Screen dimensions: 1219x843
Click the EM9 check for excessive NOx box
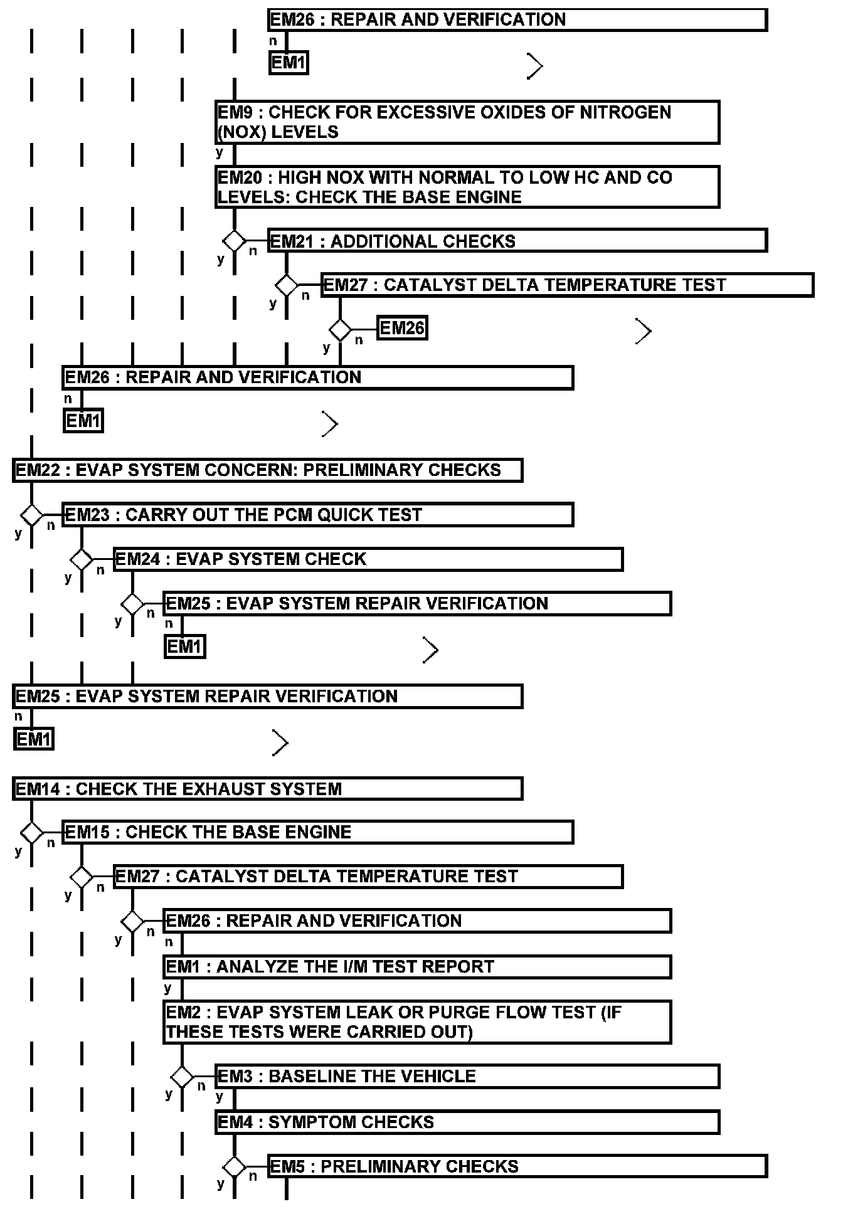point(467,122)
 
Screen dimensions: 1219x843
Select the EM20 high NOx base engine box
point(467,187)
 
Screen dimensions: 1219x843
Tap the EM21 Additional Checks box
point(517,241)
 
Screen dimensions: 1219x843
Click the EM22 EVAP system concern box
point(267,470)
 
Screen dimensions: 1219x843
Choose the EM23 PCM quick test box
point(317,515)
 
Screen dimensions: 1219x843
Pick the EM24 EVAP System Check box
point(368,559)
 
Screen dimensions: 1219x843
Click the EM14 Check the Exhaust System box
point(267,789)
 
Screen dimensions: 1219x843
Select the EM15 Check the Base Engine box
point(317,832)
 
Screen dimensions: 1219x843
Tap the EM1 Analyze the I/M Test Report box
point(416,967)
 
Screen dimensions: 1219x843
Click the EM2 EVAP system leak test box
point(416,1022)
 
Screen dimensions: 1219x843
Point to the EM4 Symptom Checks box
point(467,1122)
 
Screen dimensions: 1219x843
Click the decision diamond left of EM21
point(235,241)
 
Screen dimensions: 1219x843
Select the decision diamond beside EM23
point(31,515)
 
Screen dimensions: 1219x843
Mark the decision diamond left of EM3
point(182,1077)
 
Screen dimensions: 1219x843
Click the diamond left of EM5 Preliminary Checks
point(235,1167)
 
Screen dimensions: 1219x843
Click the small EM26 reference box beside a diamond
point(402,328)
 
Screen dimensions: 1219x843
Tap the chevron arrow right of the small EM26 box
point(644,331)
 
